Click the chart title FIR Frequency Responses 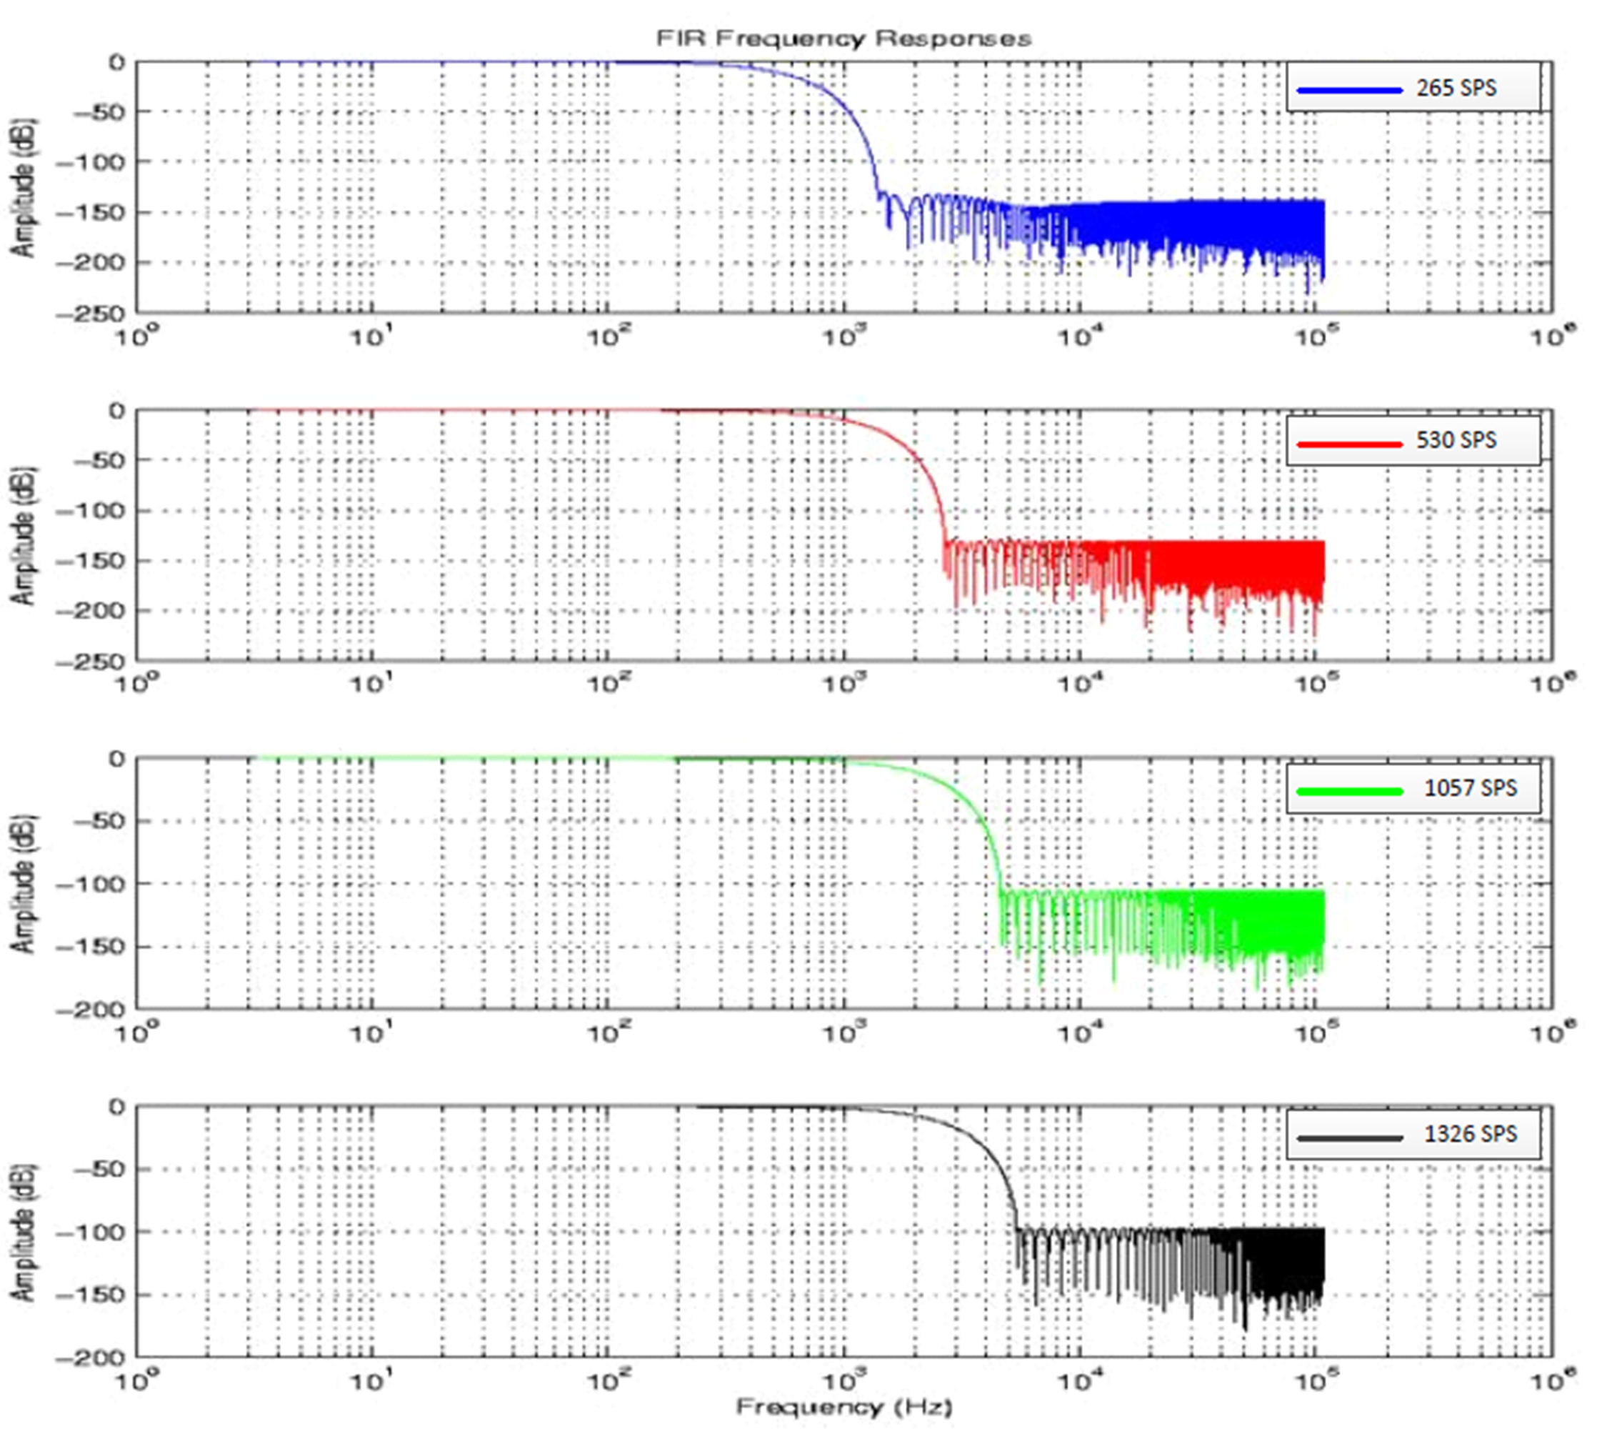pyautogui.click(x=843, y=39)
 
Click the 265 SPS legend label pyautogui.click(x=1456, y=88)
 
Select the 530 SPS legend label pyautogui.click(x=1456, y=439)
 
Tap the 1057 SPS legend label pyautogui.click(x=1470, y=788)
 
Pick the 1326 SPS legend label pyautogui.click(x=1470, y=1134)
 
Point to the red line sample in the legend pyautogui.click(x=1349, y=444)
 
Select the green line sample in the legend pyautogui.click(x=1349, y=791)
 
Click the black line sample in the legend pyautogui.click(x=1349, y=1138)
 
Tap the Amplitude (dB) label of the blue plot pyautogui.click(x=24, y=187)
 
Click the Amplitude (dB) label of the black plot pyautogui.click(x=24, y=1232)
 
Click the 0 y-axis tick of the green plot pyautogui.click(x=116, y=759)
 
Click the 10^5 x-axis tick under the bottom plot pyautogui.click(x=1316, y=1380)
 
